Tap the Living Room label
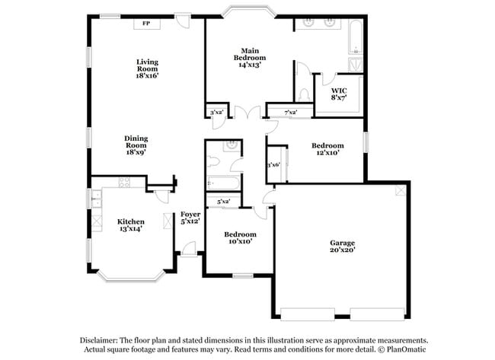(x=147, y=69)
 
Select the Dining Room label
(x=136, y=145)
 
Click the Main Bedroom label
(x=249, y=58)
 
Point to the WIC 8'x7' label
(x=339, y=94)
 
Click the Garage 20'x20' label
(x=342, y=247)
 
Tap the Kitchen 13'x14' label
(x=130, y=226)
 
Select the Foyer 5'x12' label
(x=190, y=218)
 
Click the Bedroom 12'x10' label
(x=327, y=149)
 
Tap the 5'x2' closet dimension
(x=224, y=202)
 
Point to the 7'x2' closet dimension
(x=290, y=113)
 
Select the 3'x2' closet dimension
(x=216, y=113)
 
